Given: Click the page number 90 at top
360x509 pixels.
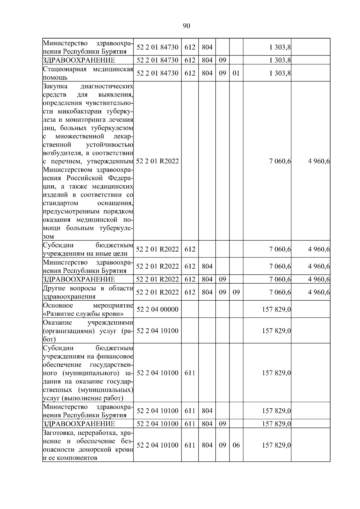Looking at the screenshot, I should coord(186,26).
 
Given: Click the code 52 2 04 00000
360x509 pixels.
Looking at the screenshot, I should coord(157,309).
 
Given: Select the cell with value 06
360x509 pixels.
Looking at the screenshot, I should coord(236,445).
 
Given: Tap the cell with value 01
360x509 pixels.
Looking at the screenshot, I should coord(236,73).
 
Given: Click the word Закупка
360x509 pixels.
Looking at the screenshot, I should coord(55,87).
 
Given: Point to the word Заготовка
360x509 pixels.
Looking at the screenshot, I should coord(57,433).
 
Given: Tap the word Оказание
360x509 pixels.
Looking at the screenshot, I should coord(57,323).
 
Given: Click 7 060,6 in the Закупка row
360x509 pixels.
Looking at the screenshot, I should coord(280,161).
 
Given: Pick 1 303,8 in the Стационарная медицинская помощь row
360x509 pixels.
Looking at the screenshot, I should coord(280,73).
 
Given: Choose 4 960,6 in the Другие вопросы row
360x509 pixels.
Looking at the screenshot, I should coord(319,292).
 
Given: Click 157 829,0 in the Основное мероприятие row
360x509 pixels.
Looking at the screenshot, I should coord(276,309).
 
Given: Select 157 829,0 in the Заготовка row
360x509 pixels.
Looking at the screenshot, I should coord(276,445).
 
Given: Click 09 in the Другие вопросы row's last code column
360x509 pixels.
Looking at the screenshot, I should coord(236,292).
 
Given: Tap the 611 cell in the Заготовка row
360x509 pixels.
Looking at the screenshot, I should coord(190,445).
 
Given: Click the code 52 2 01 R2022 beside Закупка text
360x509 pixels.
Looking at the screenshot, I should coord(157,161).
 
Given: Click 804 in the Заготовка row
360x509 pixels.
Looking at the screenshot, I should coord(207,445).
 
